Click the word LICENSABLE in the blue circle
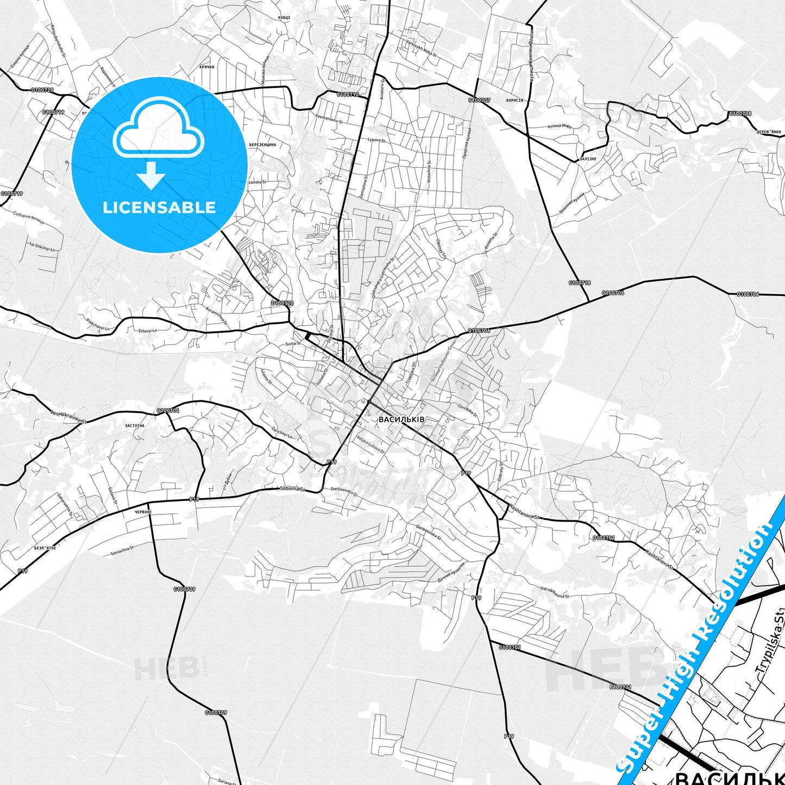click(x=159, y=208)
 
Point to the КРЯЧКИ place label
click(x=207, y=67)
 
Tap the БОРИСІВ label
click(x=514, y=101)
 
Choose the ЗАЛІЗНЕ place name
click(x=588, y=159)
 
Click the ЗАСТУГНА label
click(x=135, y=425)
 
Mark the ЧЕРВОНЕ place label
click(x=143, y=512)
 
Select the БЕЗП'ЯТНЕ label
click(x=45, y=548)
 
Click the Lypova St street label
click(x=376, y=140)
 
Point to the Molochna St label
click(x=429, y=171)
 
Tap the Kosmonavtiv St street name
click(x=329, y=119)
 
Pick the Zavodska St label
click(x=467, y=410)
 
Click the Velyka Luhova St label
click(x=370, y=444)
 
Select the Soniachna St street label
click(x=122, y=552)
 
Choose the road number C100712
click(x=348, y=95)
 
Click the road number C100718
click(x=580, y=282)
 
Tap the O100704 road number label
click(x=168, y=411)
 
